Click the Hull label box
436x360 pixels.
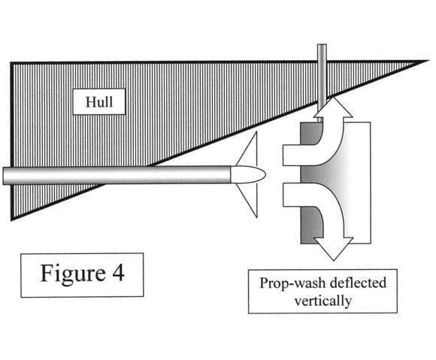(x=99, y=101)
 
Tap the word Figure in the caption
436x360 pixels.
(x=73, y=274)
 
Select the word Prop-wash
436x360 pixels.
(x=292, y=283)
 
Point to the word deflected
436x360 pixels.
(x=358, y=283)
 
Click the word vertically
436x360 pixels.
(x=322, y=301)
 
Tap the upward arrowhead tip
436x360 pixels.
(x=333, y=96)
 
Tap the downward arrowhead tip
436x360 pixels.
(x=334, y=261)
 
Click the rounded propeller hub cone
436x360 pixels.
(x=248, y=174)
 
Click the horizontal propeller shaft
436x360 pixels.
(x=117, y=175)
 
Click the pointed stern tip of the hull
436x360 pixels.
(x=427, y=61)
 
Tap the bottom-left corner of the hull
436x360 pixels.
(x=12, y=219)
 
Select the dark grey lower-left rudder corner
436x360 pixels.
(x=301, y=243)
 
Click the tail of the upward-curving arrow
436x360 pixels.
(x=283, y=155)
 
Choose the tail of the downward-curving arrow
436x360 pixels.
(x=284, y=195)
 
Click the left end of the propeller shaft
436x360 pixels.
(x=3, y=175)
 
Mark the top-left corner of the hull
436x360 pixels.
(x=12, y=63)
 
